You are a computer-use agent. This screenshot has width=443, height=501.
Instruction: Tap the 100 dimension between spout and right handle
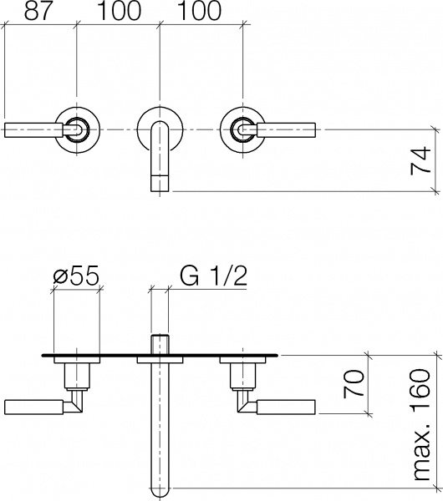point(199,11)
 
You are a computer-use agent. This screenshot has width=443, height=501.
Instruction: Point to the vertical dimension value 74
point(425,159)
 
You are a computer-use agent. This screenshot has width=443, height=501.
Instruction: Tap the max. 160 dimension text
point(425,426)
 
